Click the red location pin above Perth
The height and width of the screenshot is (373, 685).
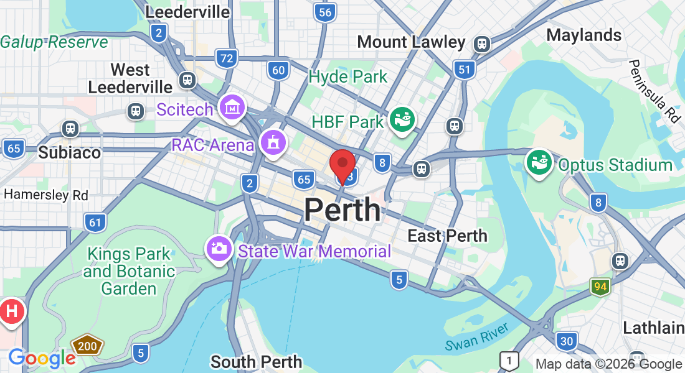[x=342, y=163]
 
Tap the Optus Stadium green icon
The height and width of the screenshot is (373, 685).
[x=539, y=163]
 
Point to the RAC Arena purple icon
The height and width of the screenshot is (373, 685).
[x=272, y=142]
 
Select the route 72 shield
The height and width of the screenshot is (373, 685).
[x=227, y=59]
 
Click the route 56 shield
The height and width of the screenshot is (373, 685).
[x=324, y=12]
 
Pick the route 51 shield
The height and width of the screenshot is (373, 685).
[x=464, y=69]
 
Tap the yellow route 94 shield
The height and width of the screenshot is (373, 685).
[x=600, y=287]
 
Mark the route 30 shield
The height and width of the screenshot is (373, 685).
[x=567, y=340]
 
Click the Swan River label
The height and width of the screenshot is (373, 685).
[x=478, y=336]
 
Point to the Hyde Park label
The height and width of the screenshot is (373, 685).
[x=348, y=77]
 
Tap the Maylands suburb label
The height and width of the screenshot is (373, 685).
[x=583, y=35]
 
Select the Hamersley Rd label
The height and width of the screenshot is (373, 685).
[x=46, y=195]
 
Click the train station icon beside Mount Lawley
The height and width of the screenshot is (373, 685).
[x=481, y=44]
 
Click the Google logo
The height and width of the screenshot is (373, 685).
[x=42, y=357]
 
